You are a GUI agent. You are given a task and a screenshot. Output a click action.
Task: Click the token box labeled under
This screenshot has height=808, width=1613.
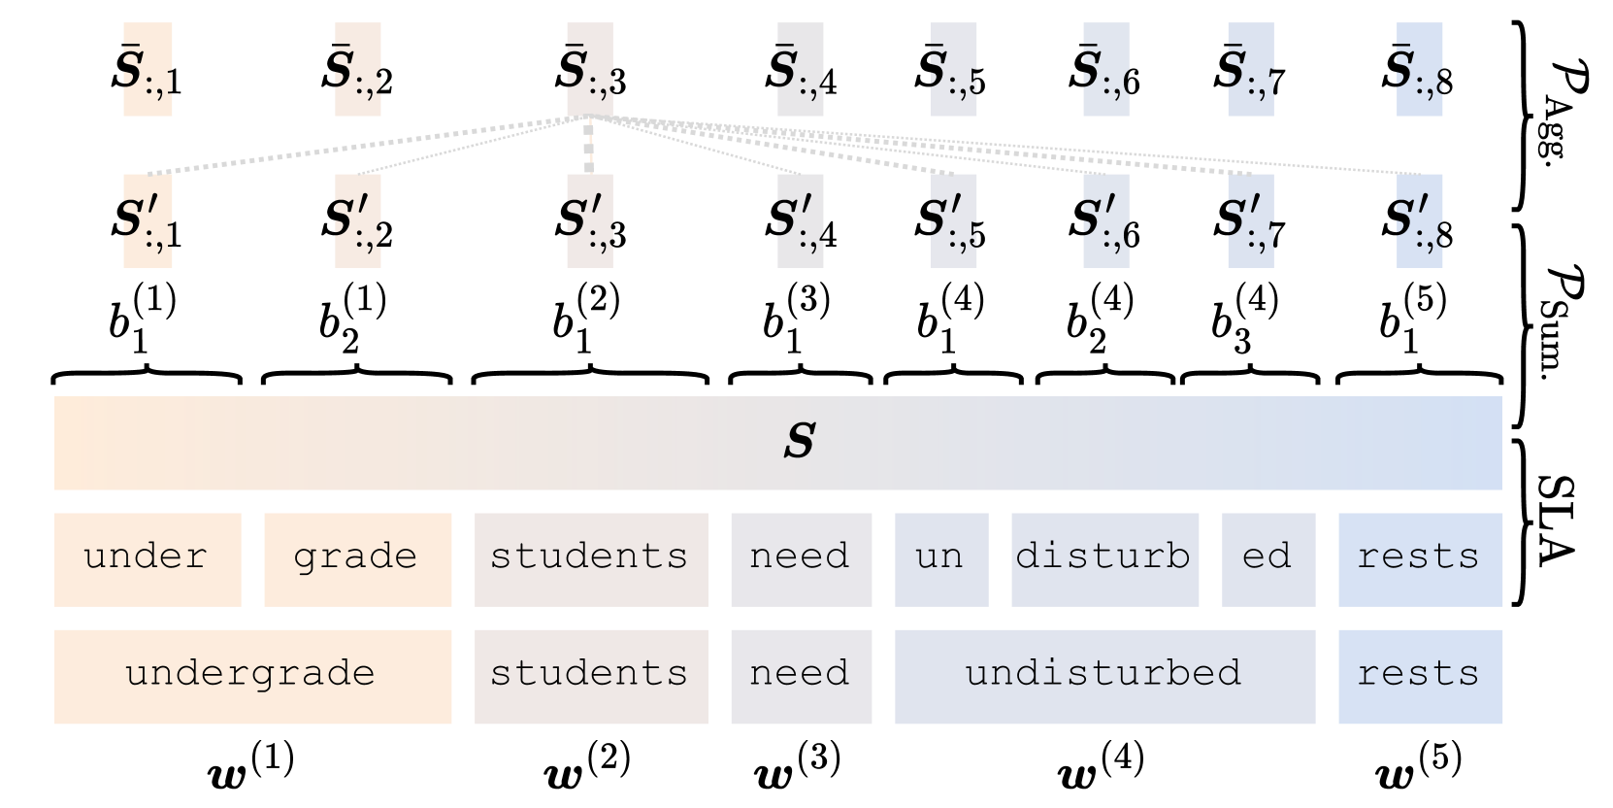(148, 559)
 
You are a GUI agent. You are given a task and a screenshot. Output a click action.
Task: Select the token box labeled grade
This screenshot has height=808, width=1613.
(357, 559)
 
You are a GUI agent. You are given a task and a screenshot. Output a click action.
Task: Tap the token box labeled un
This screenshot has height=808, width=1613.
(940, 559)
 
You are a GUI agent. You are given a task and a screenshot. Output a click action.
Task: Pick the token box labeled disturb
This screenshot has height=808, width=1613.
(1104, 559)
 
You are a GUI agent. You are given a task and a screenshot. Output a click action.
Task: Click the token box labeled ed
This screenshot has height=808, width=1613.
(1267, 559)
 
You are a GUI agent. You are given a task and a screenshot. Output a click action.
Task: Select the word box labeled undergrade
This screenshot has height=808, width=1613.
(252, 676)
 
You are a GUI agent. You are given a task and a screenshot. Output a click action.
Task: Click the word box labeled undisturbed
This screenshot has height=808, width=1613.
(1104, 676)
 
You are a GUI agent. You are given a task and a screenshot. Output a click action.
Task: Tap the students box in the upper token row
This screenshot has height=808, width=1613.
(590, 559)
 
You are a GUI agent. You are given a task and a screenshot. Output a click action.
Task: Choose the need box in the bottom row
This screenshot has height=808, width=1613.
(801, 676)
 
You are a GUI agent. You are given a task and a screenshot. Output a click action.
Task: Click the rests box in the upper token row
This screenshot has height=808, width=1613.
(1420, 559)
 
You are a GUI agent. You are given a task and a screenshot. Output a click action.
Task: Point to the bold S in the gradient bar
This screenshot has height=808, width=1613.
(799, 442)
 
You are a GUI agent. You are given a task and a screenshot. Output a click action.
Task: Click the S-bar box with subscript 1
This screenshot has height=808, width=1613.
(148, 70)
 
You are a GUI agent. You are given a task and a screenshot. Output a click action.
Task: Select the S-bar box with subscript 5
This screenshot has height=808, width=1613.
(953, 70)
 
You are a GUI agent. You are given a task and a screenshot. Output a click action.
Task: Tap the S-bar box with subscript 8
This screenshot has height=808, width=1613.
(1419, 70)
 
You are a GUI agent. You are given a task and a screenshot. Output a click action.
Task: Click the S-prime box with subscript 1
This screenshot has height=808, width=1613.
(148, 221)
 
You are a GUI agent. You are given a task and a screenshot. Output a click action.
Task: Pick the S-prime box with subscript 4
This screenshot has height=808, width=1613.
(800, 221)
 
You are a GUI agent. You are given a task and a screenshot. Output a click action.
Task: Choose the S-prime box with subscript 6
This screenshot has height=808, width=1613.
(1105, 221)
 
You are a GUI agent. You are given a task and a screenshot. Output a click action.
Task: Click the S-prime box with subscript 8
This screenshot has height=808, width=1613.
(1419, 221)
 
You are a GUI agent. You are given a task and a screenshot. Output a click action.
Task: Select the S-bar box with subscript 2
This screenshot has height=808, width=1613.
(357, 70)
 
